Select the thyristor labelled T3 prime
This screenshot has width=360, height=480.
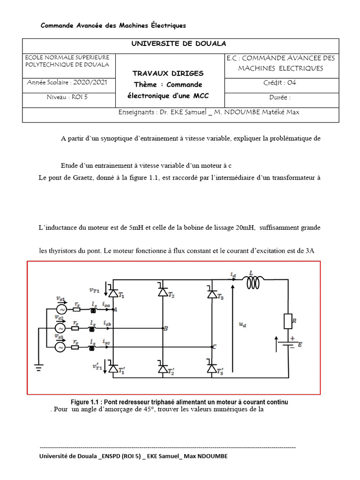coord(211,369)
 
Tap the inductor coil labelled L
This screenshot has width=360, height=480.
coord(252,282)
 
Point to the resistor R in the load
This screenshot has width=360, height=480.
coord(287,322)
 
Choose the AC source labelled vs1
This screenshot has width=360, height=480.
coord(61,310)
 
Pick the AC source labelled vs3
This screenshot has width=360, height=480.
coord(61,347)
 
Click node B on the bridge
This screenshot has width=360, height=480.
coord(165,328)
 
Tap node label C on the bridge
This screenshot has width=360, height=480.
coord(214,347)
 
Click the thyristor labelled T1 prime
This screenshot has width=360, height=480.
coord(113,369)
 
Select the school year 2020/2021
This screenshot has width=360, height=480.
coord(67,82)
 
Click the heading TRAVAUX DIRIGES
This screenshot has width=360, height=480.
coord(168,74)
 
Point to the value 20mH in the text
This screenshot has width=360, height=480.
coord(245,228)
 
